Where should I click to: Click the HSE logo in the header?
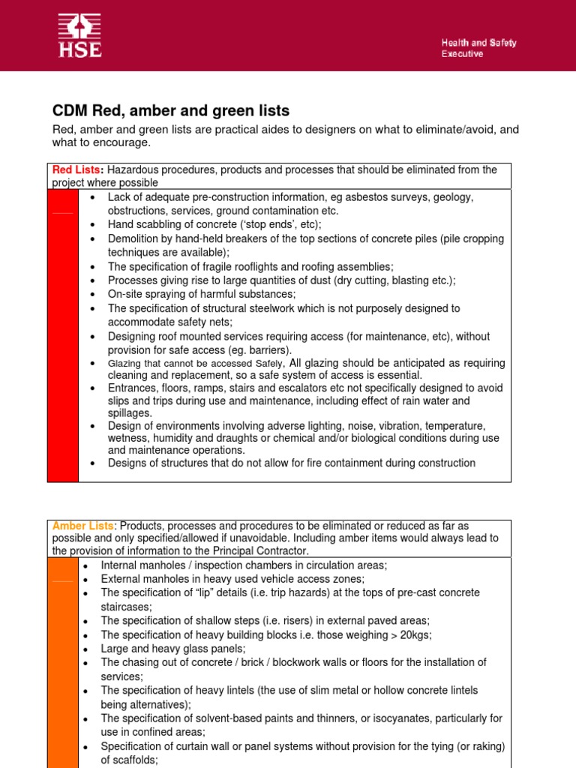79,36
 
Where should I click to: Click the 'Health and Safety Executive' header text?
478,49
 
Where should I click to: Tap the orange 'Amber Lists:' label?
84,526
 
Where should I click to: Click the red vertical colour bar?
63,334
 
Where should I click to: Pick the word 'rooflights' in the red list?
262,266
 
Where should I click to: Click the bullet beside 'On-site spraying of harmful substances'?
91,295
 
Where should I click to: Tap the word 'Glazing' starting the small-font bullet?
127,364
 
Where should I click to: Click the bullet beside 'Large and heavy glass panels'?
86,649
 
